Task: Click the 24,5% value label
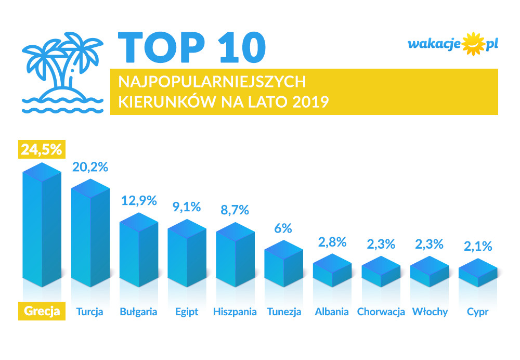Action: pyautogui.click(x=41, y=149)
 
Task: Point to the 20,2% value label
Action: pyautogui.click(x=90, y=167)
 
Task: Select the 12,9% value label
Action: pyautogui.click(x=139, y=201)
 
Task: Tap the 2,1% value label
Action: pyautogui.click(x=478, y=247)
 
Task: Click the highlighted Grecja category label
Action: pyautogui.click(x=42, y=312)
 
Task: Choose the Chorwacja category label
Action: pyautogui.click(x=381, y=312)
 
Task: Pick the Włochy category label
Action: pyautogui.click(x=430, y=312)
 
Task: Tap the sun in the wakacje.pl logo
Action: pyautogui.click(x=473, y=44)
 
